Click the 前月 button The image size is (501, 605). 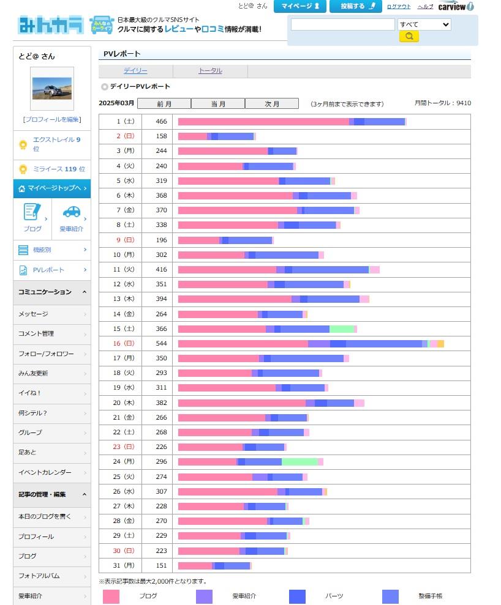164,103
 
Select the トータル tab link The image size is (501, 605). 210,70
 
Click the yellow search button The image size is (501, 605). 409,36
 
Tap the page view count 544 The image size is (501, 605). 162,343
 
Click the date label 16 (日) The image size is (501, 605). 124,343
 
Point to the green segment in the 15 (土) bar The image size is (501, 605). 342,328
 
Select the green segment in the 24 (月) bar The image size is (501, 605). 299,461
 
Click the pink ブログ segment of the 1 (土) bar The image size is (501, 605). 263,122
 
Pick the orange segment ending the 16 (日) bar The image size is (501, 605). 441,343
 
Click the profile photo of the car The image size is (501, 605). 52,88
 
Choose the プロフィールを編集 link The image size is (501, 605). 52,120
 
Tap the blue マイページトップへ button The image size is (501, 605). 52,188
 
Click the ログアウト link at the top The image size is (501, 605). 399,7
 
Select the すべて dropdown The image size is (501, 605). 424,24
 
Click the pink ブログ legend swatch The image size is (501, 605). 111,596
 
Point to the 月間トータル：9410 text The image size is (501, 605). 443,103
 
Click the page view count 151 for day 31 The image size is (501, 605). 162,566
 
